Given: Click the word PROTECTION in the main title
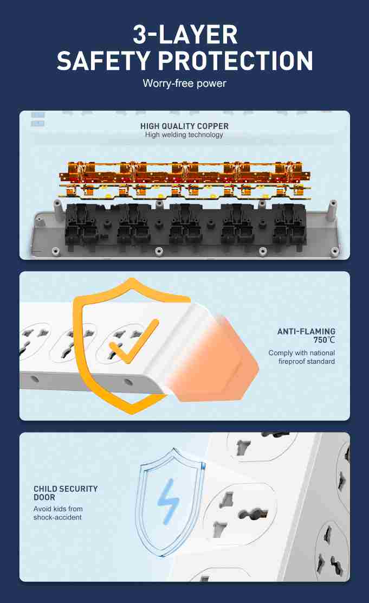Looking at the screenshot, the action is click(x=235, y=61).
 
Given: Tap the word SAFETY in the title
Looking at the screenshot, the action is click(x=103, y=61).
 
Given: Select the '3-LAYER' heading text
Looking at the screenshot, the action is click(x=185, y=35).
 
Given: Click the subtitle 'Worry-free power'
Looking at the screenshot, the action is click(x=184, y=83).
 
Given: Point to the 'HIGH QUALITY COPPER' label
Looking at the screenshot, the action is click(x=184, y=126).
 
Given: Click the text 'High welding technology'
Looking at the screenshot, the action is click(x=184, y=134).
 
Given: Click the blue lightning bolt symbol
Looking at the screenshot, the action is click(x=168, y=502).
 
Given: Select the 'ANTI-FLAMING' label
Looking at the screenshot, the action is click(x=306, y=331).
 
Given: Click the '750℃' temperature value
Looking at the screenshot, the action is click(x=324, y=340).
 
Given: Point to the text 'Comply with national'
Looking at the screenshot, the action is click(x=302, y=352).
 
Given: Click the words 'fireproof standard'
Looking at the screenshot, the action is click(x=307, y=361).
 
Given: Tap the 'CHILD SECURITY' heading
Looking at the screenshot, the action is click(x=66, y=489).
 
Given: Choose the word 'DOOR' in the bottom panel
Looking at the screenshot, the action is click(x=44, y=497).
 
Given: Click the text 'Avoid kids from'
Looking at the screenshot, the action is click(x=58, y=509).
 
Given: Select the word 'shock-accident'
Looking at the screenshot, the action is click(x=57, y=517).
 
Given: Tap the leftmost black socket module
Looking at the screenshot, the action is click(x=82, y=228).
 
